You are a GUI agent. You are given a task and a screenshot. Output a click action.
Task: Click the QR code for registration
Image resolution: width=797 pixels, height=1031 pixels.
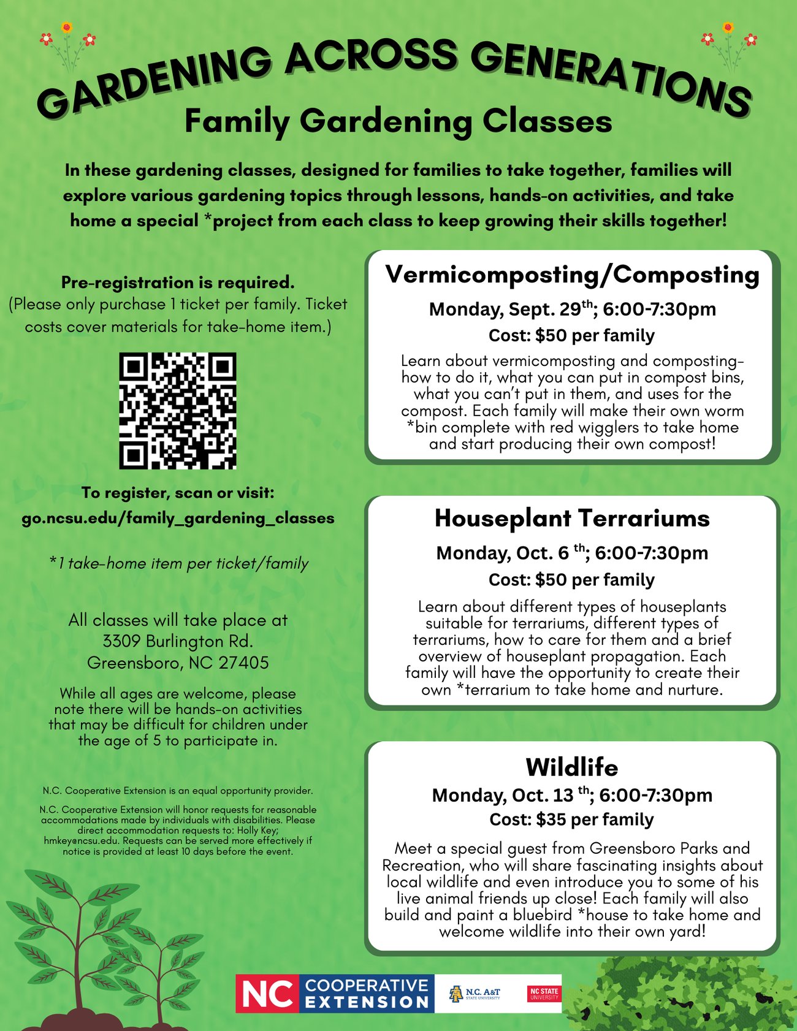(177, 411)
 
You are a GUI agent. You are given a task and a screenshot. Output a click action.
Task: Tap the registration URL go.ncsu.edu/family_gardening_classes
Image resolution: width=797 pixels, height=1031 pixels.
(178, 519)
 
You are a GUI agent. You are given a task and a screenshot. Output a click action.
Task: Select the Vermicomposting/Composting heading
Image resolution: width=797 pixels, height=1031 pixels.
(572, 275)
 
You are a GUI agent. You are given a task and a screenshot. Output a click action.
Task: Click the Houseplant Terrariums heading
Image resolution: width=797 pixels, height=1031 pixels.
(572, 519)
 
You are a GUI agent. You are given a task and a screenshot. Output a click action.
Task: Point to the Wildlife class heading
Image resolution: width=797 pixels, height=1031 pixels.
(572, 767)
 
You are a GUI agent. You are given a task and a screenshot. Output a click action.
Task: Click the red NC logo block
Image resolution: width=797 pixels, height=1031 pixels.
(267, 993)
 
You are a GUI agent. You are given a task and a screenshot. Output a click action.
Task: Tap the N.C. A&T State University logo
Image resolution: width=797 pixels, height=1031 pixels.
(475, 993)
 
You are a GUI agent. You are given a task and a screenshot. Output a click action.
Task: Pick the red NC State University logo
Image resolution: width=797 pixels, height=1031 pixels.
(544, 993)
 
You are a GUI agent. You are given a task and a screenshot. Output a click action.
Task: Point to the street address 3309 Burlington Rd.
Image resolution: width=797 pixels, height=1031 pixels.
(178, 642)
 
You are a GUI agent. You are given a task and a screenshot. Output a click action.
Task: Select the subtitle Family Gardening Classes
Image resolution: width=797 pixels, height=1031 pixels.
(398, 121)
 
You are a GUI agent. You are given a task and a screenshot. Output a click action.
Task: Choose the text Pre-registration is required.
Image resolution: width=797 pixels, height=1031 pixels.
(178, 283)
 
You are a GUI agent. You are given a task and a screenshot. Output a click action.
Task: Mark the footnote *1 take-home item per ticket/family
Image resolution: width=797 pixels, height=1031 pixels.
(178, 563)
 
